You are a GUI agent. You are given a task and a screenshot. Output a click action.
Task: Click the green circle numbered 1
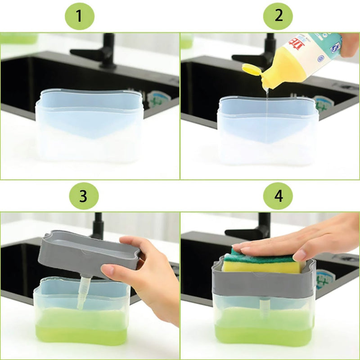click(79, 16)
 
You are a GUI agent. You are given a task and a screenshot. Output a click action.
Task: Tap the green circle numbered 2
click(278, 16)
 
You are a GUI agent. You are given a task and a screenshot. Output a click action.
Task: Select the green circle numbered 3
click(83, 196)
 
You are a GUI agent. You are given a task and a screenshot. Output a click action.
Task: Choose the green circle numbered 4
click(278, 196)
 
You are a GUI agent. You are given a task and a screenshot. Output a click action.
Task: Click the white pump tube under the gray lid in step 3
click(84, 292)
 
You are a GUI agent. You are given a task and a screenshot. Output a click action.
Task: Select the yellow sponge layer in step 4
click(261, 266)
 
